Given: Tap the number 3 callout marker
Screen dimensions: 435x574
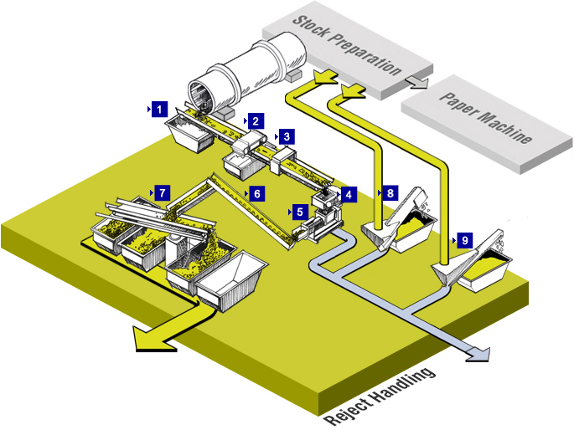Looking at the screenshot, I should (x=286, y=136).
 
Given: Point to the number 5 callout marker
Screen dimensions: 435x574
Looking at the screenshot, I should (x=299, y=212).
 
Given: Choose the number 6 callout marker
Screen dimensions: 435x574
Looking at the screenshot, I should (x=256, y=193).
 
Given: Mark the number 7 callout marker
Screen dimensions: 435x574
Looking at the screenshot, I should (x=162, y=192).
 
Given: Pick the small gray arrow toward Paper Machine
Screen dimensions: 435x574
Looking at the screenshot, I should (x=416, y=81).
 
